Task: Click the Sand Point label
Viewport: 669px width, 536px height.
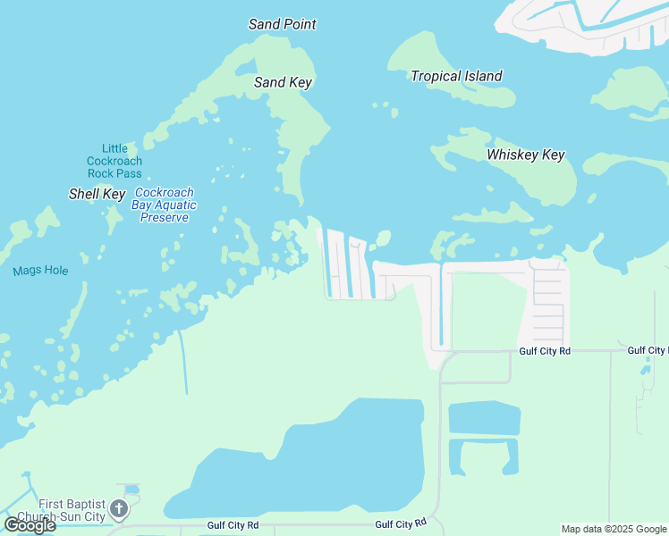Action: point(282,24)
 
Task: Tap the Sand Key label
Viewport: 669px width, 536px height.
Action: point(283,82)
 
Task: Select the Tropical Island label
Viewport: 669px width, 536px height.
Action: point(456,76)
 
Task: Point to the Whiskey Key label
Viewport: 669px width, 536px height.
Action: point(525,155)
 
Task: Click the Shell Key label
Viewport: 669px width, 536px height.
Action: point(97,194)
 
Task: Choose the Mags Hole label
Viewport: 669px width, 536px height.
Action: point(40,271)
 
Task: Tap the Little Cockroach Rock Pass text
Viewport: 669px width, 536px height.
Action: point(114,161)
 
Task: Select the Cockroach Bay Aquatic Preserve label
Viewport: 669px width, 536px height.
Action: point(165,205)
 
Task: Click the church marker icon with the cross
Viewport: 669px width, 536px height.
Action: point(118,510)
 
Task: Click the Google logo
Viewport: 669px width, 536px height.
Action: point(30,525)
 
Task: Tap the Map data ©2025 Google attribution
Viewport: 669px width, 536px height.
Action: point(614,529)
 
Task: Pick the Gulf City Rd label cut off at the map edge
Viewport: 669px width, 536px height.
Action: point(647,351)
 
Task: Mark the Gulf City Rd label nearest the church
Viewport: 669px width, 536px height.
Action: point(233,525)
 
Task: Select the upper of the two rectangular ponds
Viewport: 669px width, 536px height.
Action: point(483,418)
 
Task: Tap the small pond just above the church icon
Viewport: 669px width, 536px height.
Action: point(132,490)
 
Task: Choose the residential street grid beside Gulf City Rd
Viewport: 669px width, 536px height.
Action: point(548,299)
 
